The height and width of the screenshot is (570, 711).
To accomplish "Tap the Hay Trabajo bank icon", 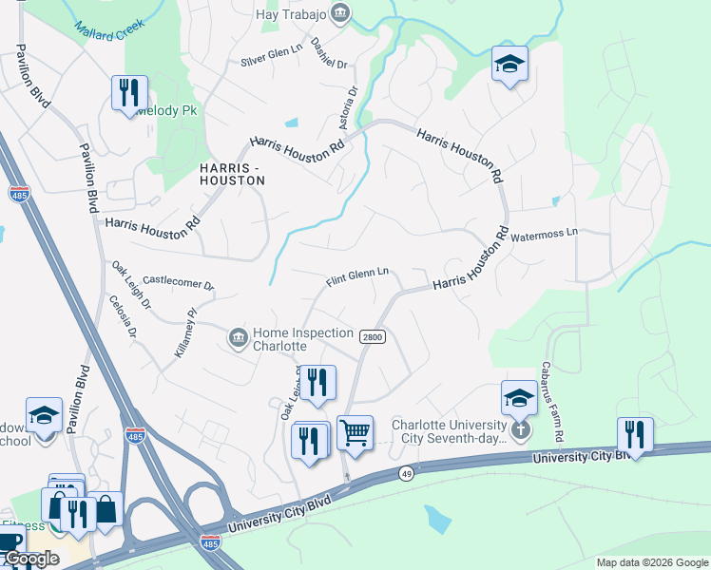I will point(340,12).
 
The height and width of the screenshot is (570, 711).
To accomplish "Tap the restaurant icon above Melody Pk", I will point(129,93).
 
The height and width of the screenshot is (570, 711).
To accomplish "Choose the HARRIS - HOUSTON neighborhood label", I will point(232,173).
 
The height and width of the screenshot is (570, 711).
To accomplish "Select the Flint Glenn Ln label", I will point(357,276).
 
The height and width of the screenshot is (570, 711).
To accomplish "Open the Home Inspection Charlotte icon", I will point(238,337).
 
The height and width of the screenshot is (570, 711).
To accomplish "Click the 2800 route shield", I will point(371,336).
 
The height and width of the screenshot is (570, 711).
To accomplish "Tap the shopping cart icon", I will point(355,434).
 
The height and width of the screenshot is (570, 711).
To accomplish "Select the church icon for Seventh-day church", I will point(519,429).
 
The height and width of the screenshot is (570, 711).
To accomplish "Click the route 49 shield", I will point(407,474).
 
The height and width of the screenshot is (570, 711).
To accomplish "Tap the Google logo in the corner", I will point(30,560).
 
